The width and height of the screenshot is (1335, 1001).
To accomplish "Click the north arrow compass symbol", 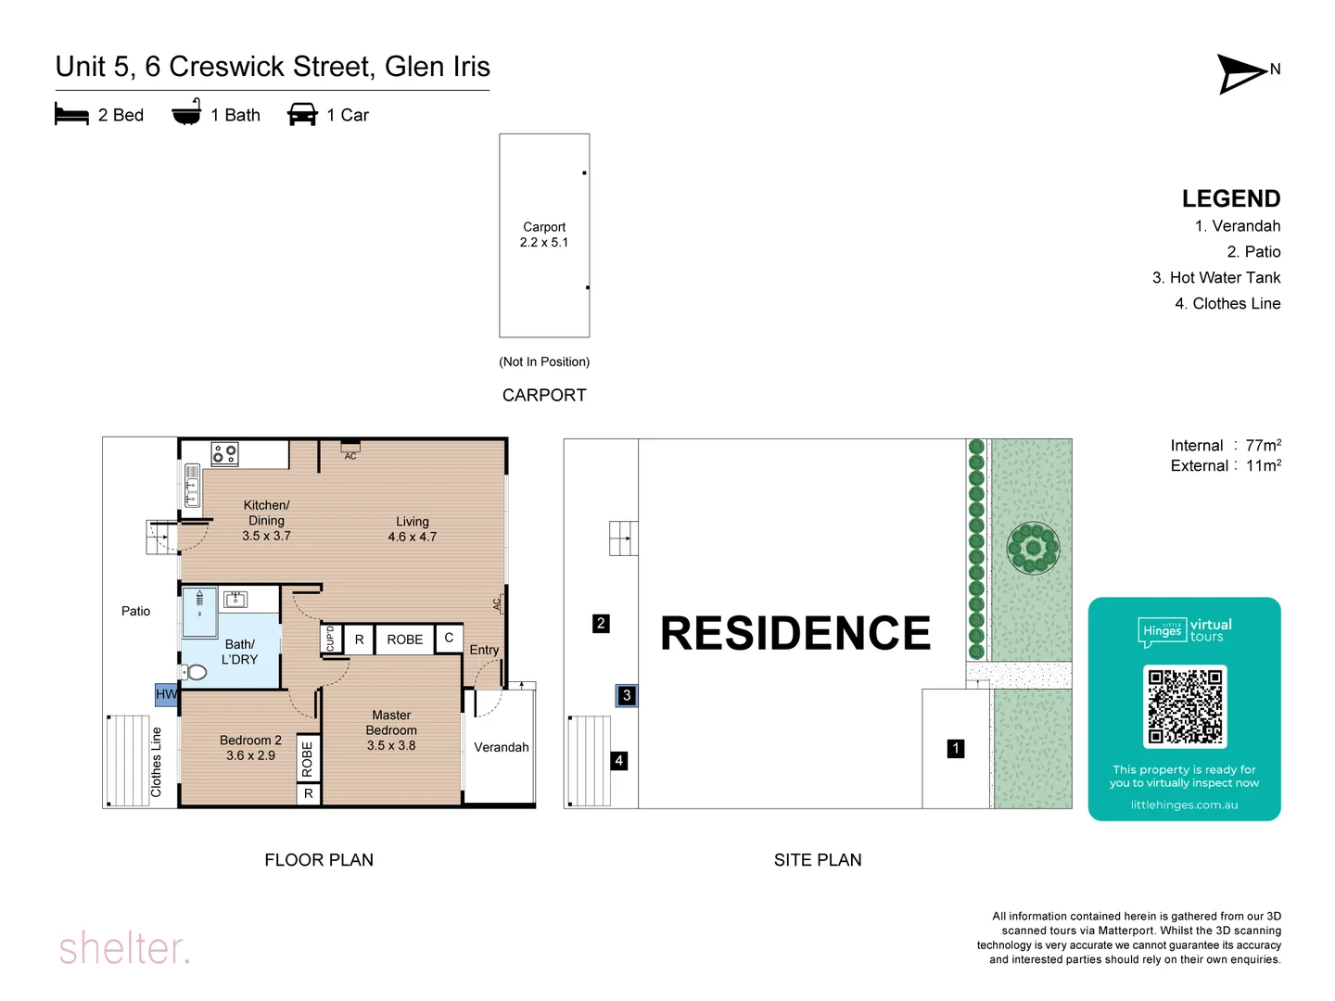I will coord(1242,74).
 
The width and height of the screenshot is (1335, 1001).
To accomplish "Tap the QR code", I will coord(1185,706).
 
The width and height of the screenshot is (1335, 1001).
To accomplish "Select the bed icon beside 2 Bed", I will coord(71,115).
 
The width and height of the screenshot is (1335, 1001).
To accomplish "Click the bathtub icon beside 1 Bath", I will coord(186,113).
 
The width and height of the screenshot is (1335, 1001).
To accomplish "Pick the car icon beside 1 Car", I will coord(302,115).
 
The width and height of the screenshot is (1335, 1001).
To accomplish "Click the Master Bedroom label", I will coord(391,723).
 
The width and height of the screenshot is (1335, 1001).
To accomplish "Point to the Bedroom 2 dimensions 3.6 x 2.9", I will coord(250,755).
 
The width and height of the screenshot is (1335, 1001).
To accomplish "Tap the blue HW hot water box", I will coord(166,694).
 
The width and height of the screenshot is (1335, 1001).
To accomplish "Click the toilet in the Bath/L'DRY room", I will coord(195,672).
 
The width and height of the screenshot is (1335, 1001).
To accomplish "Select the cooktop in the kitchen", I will coord(224,453).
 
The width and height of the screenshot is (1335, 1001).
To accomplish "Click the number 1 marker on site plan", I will coord(956,748).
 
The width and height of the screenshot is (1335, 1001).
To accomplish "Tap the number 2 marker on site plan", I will coord(601,624).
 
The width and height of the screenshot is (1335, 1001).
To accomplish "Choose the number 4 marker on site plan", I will coord(618,761).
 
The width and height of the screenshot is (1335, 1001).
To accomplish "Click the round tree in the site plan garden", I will coord(1033,549).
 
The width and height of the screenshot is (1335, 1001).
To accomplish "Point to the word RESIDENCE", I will coord(795,634).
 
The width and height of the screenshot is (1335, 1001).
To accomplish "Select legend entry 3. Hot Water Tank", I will coord(1215,277).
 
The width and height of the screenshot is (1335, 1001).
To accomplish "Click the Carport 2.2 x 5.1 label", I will coord(544,234).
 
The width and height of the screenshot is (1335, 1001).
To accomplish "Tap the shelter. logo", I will coord(124,948).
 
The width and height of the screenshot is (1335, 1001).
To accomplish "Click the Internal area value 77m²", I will coord(1263,446).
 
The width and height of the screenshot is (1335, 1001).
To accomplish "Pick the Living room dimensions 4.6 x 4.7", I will coord(413,538).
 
